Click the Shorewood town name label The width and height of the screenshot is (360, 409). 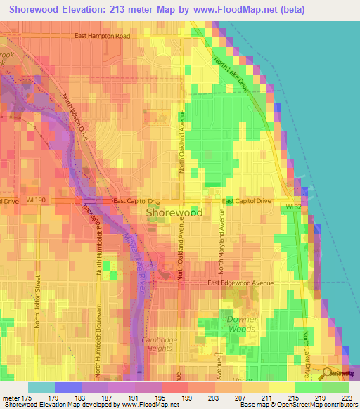[174, 212]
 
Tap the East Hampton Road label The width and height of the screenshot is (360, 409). [113, 36]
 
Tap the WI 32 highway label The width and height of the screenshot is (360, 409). [293, 207]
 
